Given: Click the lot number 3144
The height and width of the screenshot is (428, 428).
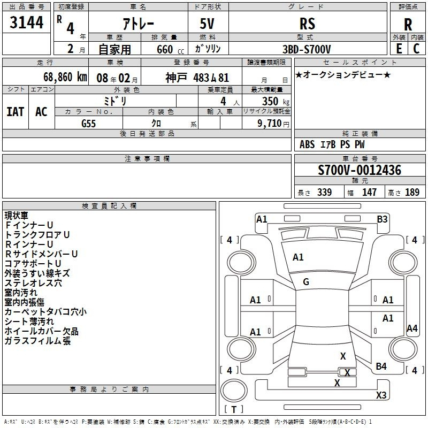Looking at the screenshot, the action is (x=26, y=22).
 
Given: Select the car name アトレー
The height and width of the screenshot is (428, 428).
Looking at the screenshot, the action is (x=139, y=24).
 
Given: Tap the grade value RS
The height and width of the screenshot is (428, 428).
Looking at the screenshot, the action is (x=307, y=24).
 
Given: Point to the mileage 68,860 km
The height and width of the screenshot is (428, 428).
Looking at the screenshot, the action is (x=65, y=77).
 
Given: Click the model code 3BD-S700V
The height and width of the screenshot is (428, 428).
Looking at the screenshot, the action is (x=307, y=49).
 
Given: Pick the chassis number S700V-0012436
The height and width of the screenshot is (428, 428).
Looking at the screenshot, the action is (x=360, y=170).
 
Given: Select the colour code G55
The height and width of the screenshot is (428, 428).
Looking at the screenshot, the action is (x=89, y=124).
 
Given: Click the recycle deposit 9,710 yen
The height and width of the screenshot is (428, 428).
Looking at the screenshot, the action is (x=273, y=124).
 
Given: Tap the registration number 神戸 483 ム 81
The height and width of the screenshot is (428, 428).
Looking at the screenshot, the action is (x=197, y=78).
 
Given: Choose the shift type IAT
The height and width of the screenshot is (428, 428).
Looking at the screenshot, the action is (x=16, y=112).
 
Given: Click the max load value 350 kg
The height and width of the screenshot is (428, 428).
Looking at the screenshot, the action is (x=276, y=102).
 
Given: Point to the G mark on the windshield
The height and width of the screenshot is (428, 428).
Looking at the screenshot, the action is (x=306, y=282).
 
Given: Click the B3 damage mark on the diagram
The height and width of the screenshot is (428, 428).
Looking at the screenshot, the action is (x=382, y=219).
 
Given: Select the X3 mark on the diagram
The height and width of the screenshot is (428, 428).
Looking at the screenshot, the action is (x=381, y=395).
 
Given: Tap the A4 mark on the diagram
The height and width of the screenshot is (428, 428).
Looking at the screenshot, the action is (x=412, y=328).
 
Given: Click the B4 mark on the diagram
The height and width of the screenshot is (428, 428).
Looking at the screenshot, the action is (x=381, y=366).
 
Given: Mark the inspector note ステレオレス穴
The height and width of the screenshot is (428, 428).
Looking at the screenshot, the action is (x=33, y=283).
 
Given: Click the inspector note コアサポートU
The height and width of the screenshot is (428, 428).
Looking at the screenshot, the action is (x=33, y=263).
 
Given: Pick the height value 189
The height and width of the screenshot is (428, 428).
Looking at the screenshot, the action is (x=412, y=192).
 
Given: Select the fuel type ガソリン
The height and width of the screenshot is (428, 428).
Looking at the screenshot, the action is (x=208, y=49).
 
